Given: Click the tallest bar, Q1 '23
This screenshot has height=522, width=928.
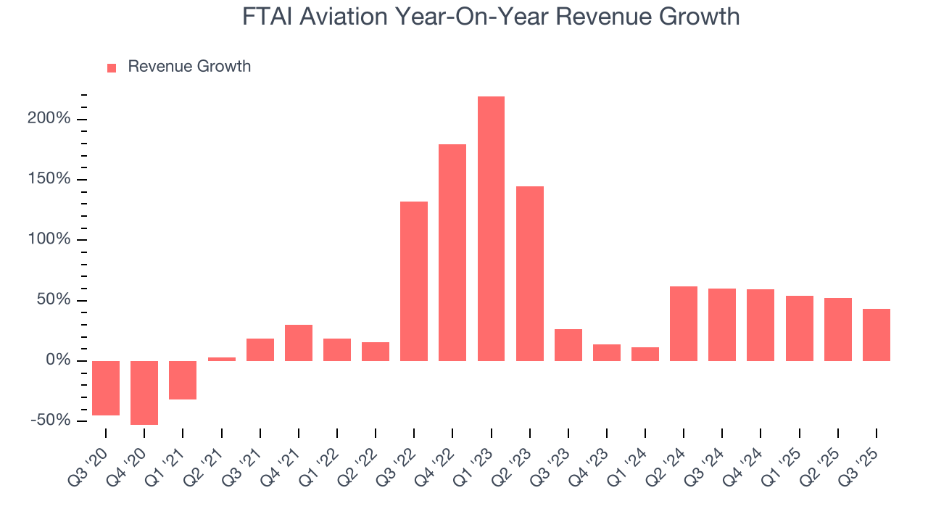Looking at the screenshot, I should point(491,228).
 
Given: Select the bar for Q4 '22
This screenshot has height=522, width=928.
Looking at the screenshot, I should point(452,252).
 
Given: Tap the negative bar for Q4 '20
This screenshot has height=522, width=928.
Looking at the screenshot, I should point(144,392).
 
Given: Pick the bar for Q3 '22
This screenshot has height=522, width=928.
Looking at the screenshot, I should point(414,281).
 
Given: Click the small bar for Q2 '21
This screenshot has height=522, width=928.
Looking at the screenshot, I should point(221,358).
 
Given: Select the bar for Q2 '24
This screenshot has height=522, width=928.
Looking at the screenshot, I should point(683,323).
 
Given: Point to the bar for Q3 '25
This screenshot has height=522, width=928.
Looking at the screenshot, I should point(876,334).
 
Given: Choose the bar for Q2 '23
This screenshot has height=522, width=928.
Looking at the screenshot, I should point(529,273).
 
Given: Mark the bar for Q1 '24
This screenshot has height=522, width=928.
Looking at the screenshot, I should point(645,354).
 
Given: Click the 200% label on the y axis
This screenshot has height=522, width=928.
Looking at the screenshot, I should point(49,118).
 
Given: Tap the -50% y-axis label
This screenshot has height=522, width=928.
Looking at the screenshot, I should point(51,420).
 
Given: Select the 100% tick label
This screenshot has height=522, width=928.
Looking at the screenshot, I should point(49,239).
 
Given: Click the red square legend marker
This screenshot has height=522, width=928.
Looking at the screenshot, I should point(112,67).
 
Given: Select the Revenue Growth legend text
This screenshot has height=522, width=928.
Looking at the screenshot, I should point(189,67).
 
